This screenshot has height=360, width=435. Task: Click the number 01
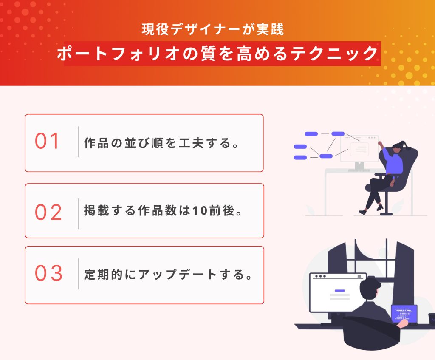[x=47, y=141]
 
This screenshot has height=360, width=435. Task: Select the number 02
[x=48, y=213]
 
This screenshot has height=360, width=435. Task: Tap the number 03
[x=48, y=273]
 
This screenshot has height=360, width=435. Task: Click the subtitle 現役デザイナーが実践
[x=213, y=29]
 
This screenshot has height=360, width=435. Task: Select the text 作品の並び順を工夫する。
[x=161, y=143]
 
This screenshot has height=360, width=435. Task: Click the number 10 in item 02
[x=200, y=211]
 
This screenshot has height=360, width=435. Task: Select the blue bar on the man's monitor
[x=339, y=291]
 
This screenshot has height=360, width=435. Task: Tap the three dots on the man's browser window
[x=320, y=276]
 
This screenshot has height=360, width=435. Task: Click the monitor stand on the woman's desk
[x=359, y=167]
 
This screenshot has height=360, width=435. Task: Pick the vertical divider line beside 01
[x=78, y=142]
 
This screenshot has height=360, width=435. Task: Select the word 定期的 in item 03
[x=103, y=275]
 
